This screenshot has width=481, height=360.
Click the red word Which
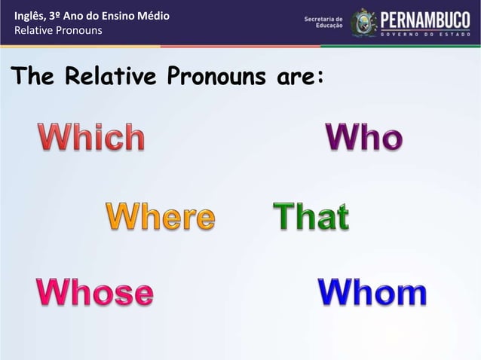pyautogui.click(x=91, y=138)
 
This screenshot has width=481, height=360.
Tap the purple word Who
pyautogui.click(x=364, y=138)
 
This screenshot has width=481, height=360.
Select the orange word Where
pyautogui.click(x=160, y=217)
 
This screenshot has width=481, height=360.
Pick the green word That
pyautogui.click(x=311, y=217)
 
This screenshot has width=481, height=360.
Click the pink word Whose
pyautogui.click(x=95, y=292)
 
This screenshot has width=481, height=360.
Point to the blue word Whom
pyautogui.click(x=372, y=292)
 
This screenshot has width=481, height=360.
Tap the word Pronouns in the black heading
pyautogui.click(x=210, y=76)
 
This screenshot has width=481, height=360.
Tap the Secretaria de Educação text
pyautogui.click(x=323, y=22)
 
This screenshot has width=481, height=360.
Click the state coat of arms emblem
pyautogui.click(x=363, y=23)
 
